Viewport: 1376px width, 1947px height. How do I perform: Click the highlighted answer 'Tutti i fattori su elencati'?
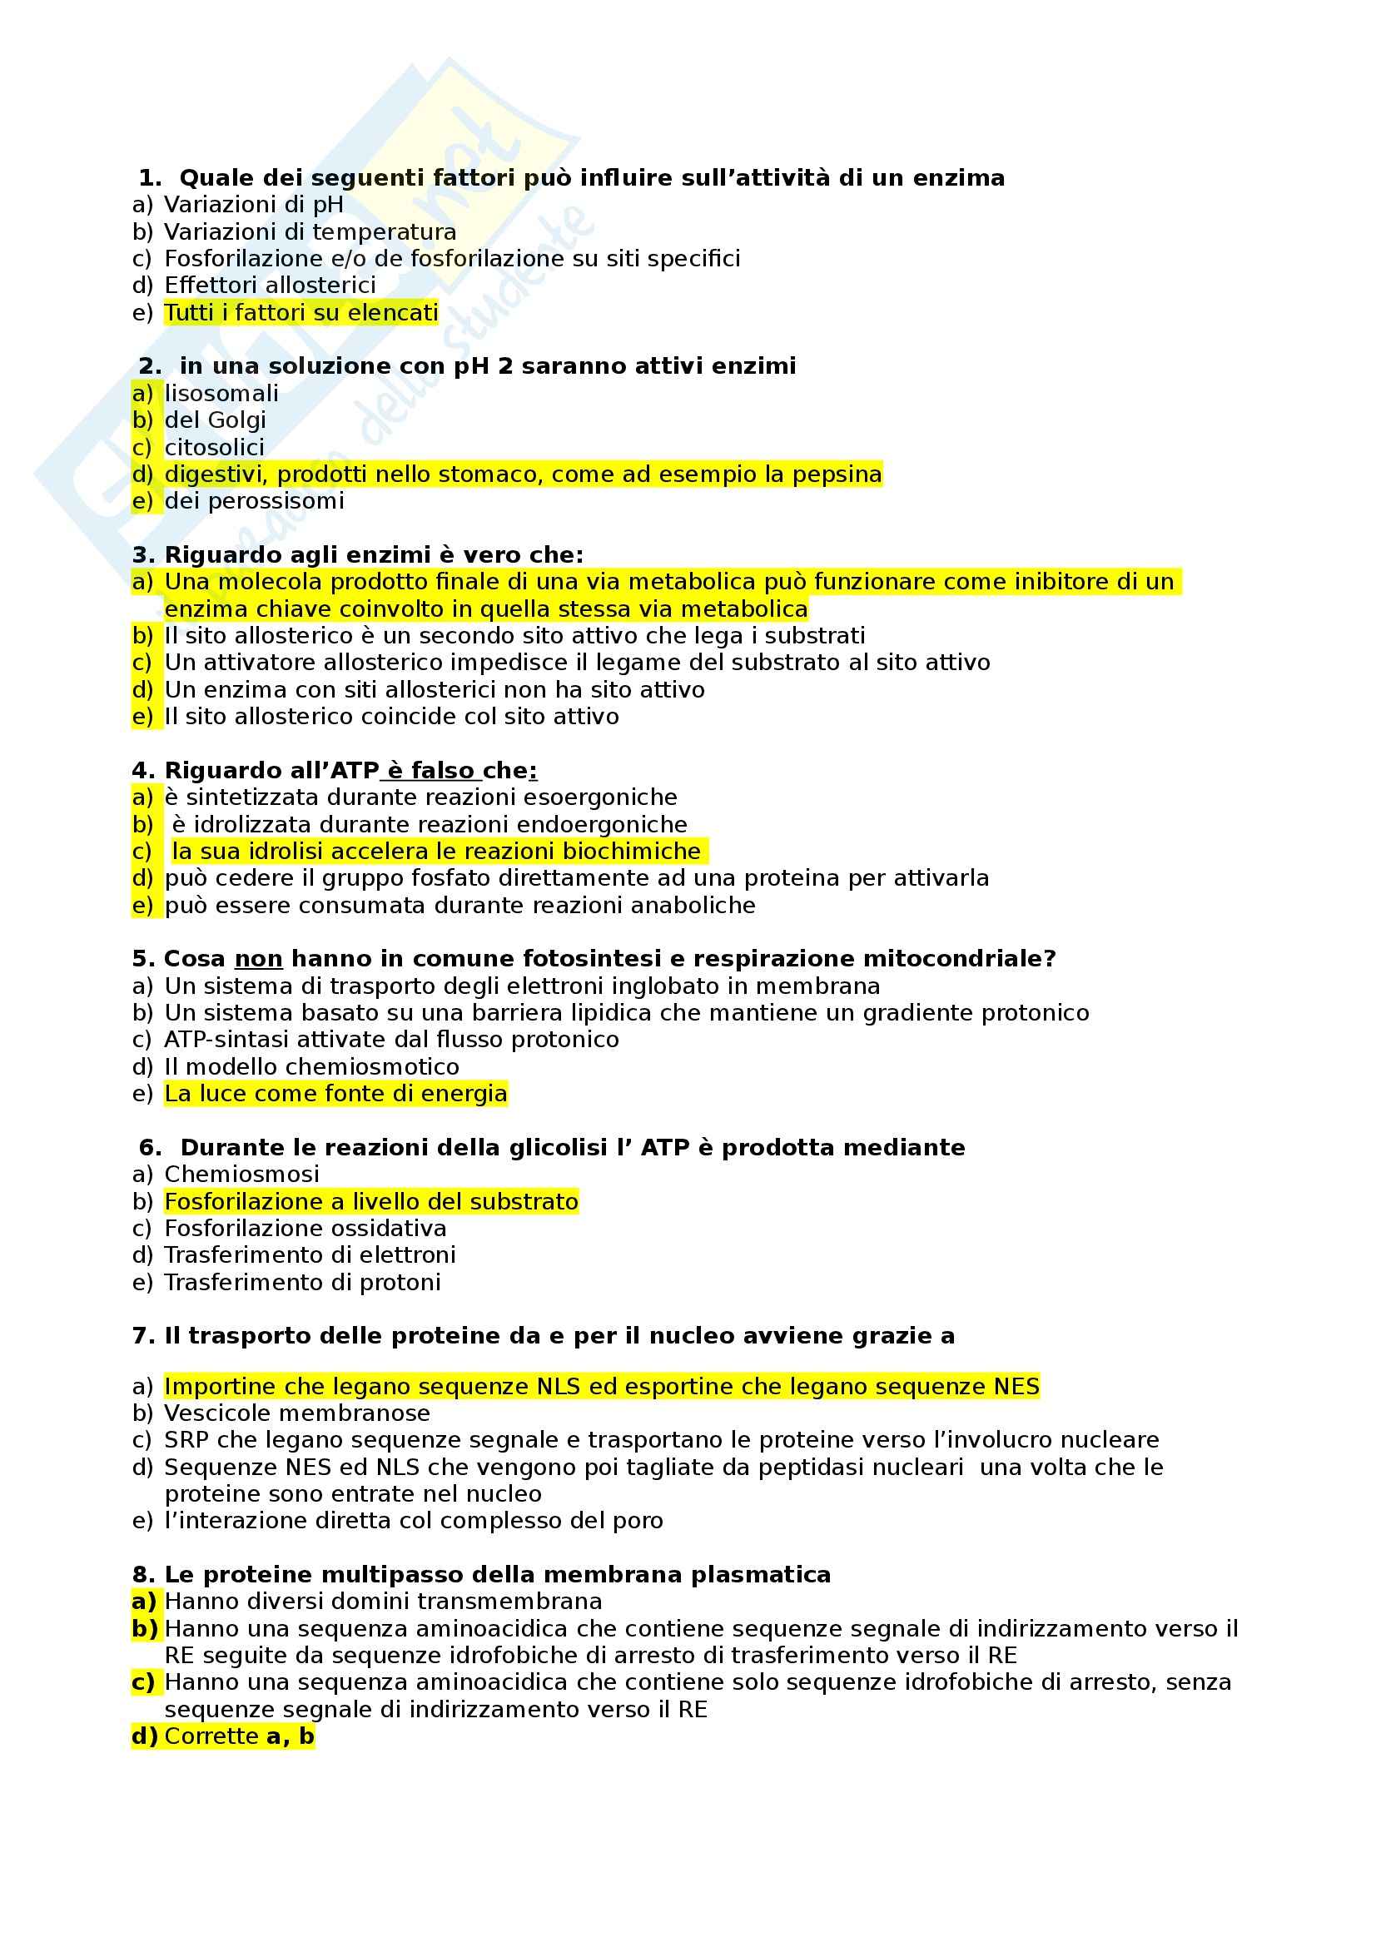pyautogui.click(x=301, y=313)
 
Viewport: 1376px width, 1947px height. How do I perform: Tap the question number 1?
pyautogui.click(x=149, y=178)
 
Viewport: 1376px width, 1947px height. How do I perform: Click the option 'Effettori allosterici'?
pyautogui.click(x=270, y=286)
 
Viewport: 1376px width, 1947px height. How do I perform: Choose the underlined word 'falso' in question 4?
pyautogui.click(x=442, y=771)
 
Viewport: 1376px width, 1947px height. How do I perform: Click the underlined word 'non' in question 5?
pyautogui.click(x=258, y=959)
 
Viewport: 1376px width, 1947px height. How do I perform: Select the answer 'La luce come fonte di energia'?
pyautogui.click(x=335, y=1094)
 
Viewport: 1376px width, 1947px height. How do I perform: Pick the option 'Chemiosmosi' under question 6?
pyautogui.click(x=241, y=1175)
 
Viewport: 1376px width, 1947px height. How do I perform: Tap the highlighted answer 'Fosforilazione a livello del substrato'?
pyautogui.click(x=371, y=1202)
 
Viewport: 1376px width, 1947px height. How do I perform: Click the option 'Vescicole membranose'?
pyautogui.click(x=296, y=1413)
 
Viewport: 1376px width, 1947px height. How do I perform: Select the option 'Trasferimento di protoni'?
pyautogui.click(x=302, y=1282)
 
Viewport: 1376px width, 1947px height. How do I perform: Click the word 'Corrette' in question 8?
pyautogui.click(x=211, y=1736)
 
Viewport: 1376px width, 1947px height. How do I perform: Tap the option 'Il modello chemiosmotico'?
pyautogui.click(x=311, y=1067)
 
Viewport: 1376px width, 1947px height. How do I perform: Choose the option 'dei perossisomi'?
pyautogui.click(x=255, y=501)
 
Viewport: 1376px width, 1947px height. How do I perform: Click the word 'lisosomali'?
pyautogui.click(x=221, y=394)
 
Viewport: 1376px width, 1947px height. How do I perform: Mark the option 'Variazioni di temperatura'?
pyautogui.click(x=310, y=232)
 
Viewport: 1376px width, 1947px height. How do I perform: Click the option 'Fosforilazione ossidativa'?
pyautogui.click(x=306, y=1229)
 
